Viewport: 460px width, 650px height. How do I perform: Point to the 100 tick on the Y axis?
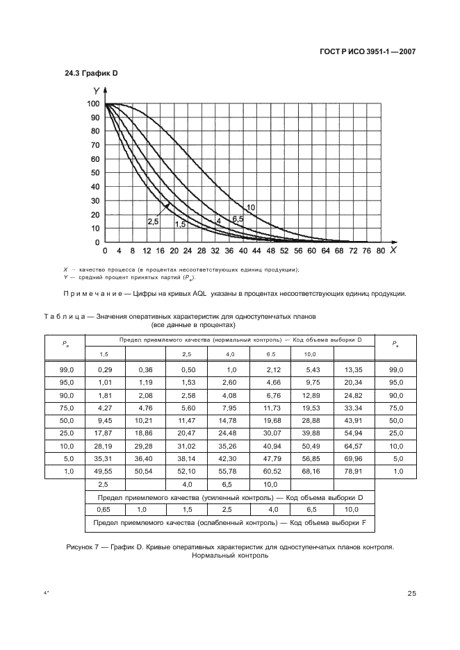92,104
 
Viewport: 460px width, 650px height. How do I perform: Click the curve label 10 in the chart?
251,208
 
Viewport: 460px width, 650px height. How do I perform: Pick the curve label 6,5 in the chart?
238,219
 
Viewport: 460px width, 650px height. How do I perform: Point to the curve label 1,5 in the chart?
180,224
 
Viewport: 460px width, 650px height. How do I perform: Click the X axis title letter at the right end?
393,249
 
